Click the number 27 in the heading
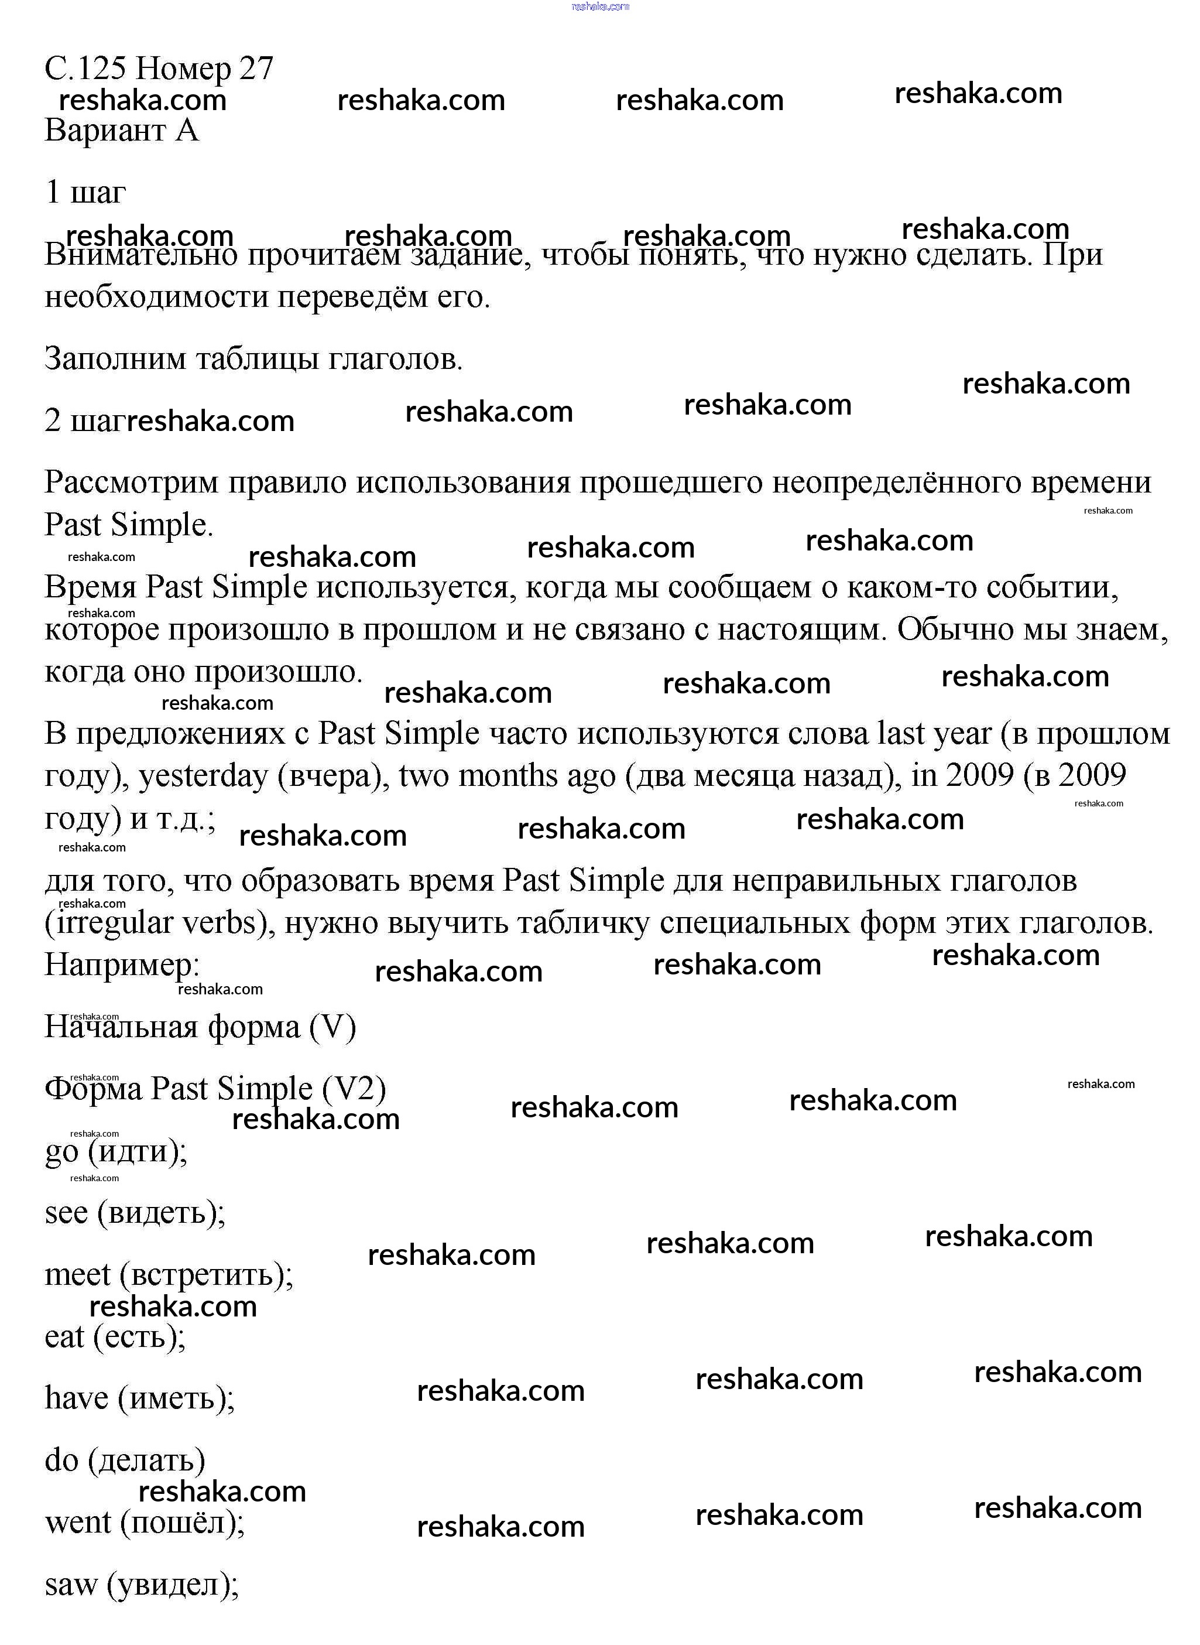[x=256, y=69]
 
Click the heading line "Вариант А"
[x=121, y=131]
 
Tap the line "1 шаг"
[x=85, y=193]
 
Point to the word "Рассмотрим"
[x=131, y=483]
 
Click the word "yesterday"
[x=203, y=776]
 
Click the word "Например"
[x=121, y=965]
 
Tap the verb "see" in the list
[x=66, y=1213]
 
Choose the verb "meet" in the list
[x=77, y=1274]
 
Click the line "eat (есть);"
[x=115, y=1336]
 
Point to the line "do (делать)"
[x=124, y=1461]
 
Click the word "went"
[x=78, y=1522]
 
